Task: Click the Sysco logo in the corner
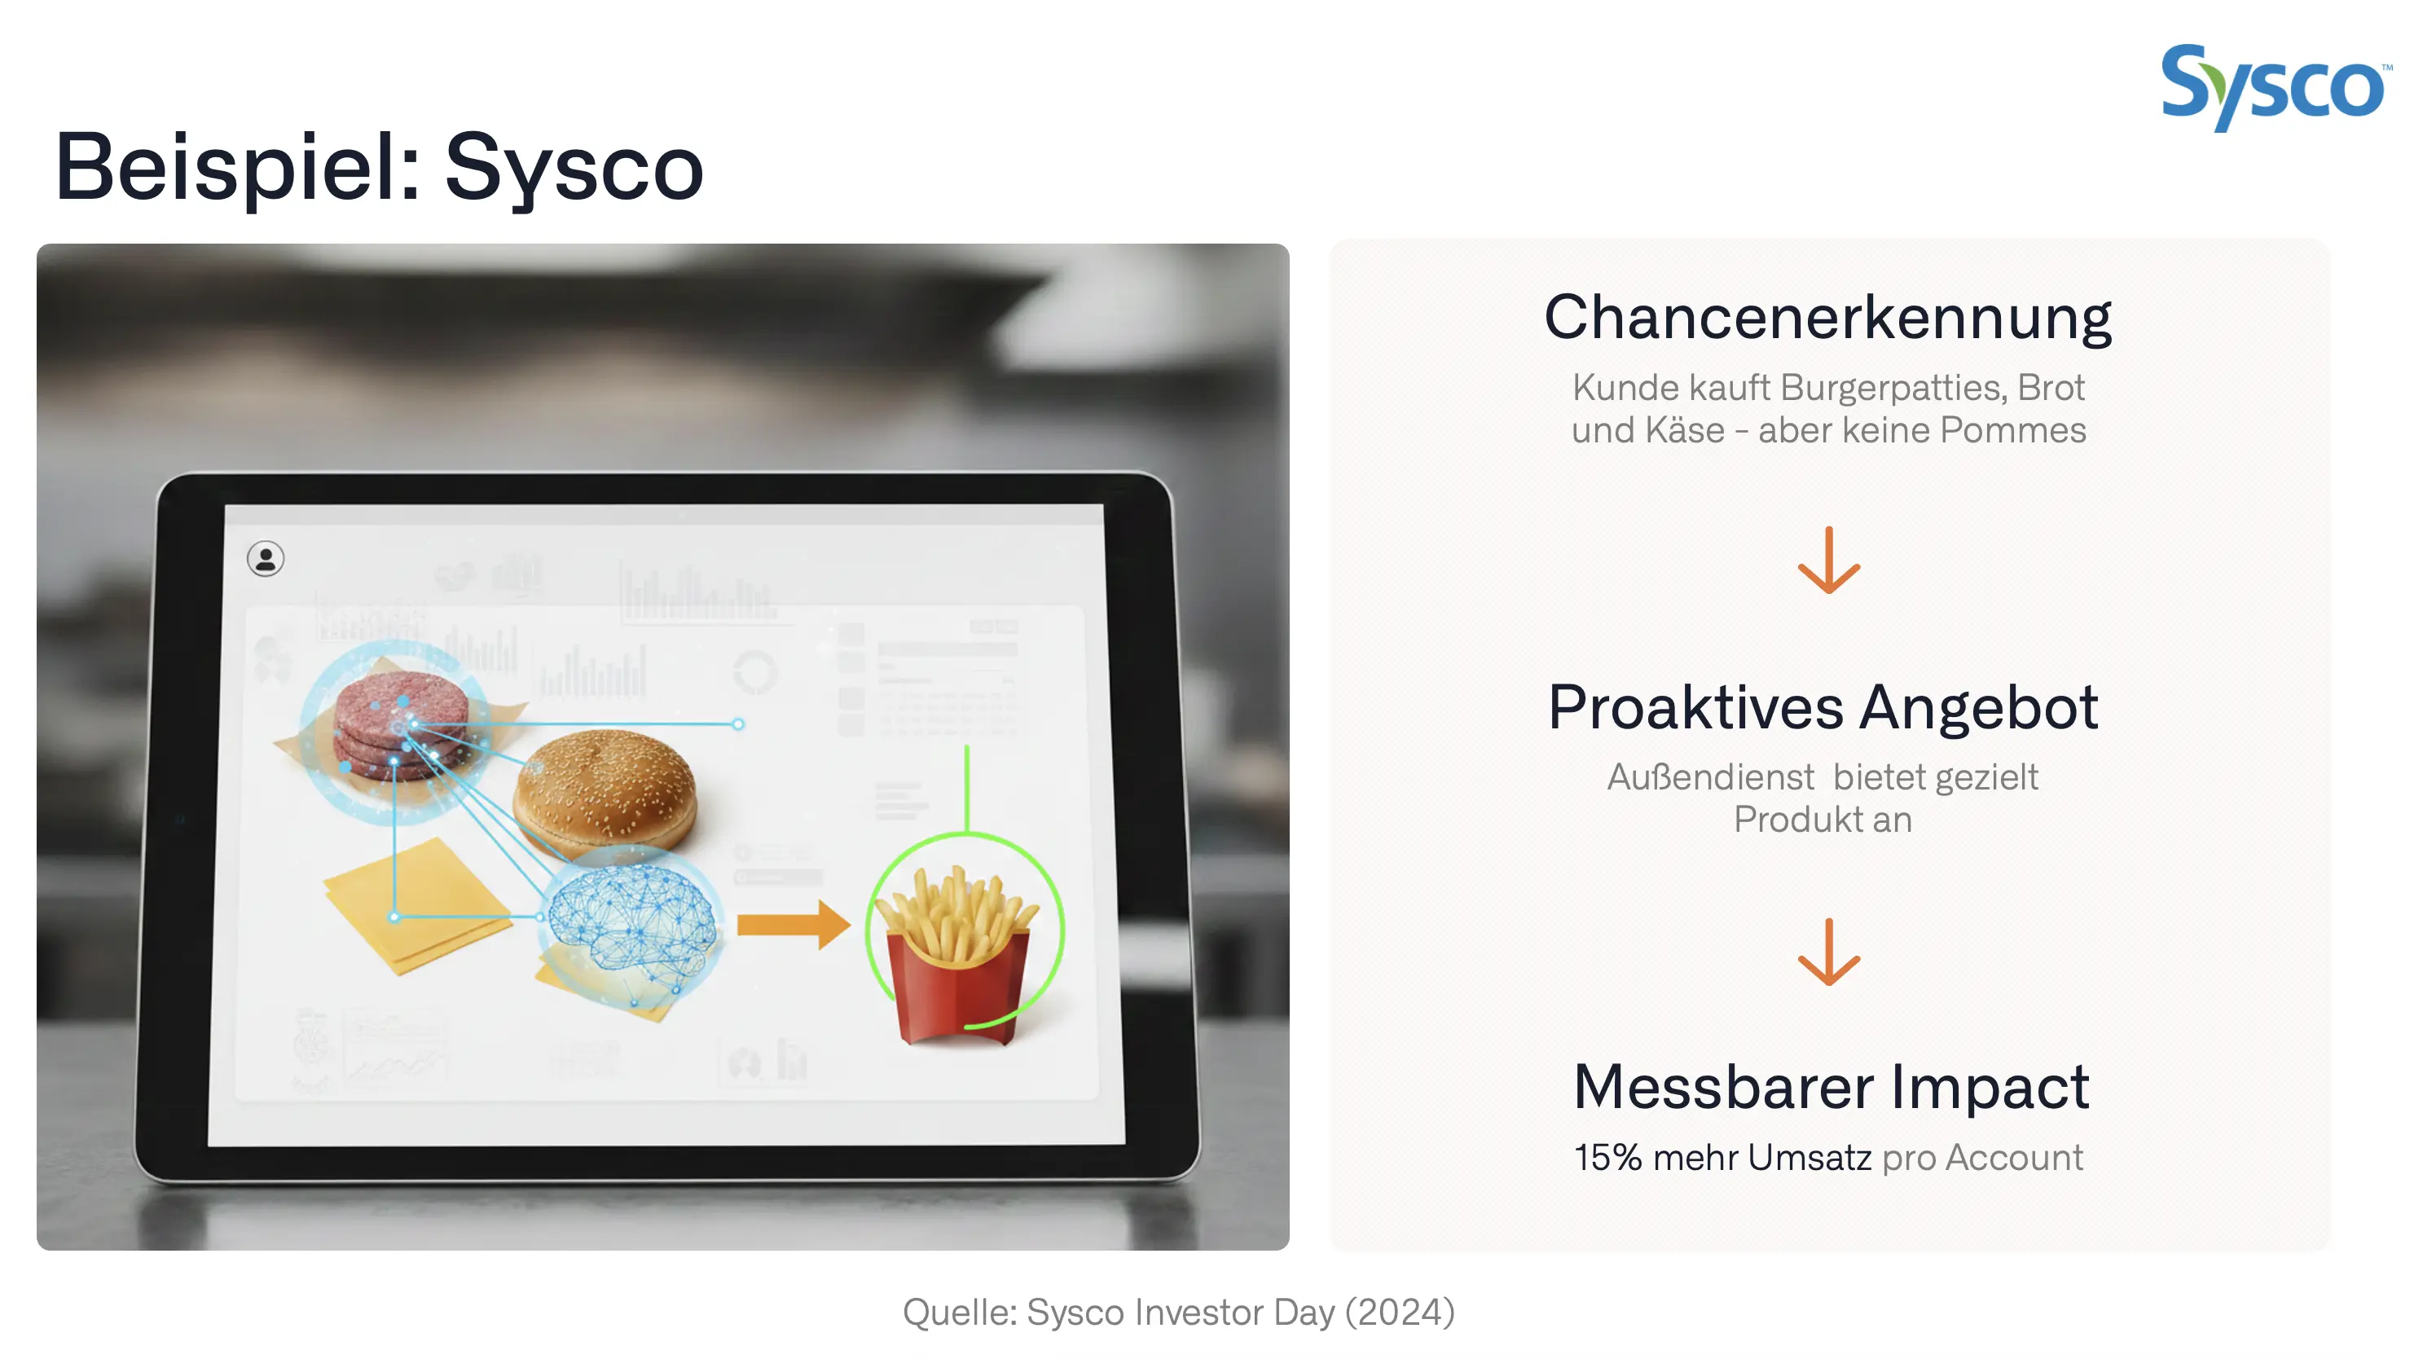(x=2271, y=87)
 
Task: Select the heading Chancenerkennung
(x=1827, y=318)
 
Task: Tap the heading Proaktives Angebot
(x=1823, y=707)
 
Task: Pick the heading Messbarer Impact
(x=1831, y=1086)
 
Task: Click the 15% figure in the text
(x=1607, y=1158)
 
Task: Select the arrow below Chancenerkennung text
(x=1828, y=561)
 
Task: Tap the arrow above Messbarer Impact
(x=1828, y=952)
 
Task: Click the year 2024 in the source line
(x=1399, y=1312)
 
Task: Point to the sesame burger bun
(x=605, y=793)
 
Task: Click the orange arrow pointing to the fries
(x=792, y=925)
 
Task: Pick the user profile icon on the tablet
(x=266, y=559)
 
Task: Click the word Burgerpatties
(x=1893, y=388)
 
